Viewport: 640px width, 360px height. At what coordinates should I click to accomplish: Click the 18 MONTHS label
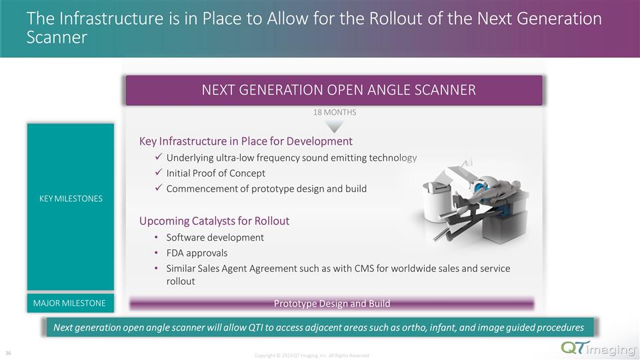click(x=335, y=112)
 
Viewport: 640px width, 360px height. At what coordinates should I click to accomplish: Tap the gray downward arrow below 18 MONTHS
click(x=335, y=126)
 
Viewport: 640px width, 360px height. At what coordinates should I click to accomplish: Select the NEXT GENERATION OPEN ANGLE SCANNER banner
click(x=334, y=90)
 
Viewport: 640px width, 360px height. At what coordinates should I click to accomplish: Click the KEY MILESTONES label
click(x=70, y=199)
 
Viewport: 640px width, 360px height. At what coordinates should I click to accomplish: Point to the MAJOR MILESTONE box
click(x=70, y=303)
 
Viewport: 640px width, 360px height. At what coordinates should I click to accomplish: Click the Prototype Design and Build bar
click(x=331, y=304)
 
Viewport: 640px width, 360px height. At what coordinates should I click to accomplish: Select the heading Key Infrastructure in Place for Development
click(x=245, y=141)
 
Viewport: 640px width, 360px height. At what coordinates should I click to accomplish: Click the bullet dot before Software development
click(x=156, y=238)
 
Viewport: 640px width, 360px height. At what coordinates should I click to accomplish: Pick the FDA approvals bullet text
click(x=197, y=253)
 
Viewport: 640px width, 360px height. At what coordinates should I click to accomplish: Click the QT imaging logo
click(x=591, y=348)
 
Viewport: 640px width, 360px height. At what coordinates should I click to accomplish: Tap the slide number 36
click(x=9, y=353)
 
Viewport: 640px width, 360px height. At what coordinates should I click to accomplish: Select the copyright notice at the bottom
click(x=312, y=356)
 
